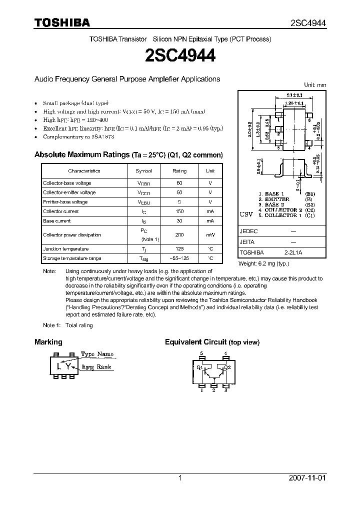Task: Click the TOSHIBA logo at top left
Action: (62, 22)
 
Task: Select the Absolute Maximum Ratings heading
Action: (81, 155)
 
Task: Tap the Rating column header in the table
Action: (179, 170)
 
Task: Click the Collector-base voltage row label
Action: (67, 183)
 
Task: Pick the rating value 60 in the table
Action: (179, 183)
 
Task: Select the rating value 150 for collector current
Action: (179, 211)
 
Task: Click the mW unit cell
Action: (210, 234)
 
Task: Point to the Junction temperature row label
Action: (66, 249)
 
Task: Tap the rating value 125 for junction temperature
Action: (179, 249)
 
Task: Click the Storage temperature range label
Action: (72, 258)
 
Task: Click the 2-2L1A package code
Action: (293, 253)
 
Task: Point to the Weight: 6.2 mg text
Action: (263, 263)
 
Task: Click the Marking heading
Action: (48, 342)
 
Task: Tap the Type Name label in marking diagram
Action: (97, 354)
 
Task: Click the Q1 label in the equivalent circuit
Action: (199, 367)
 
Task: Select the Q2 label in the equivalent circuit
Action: (227, 367)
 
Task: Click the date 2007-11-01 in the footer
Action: (307, 478)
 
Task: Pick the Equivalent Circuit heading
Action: (212, 342)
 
